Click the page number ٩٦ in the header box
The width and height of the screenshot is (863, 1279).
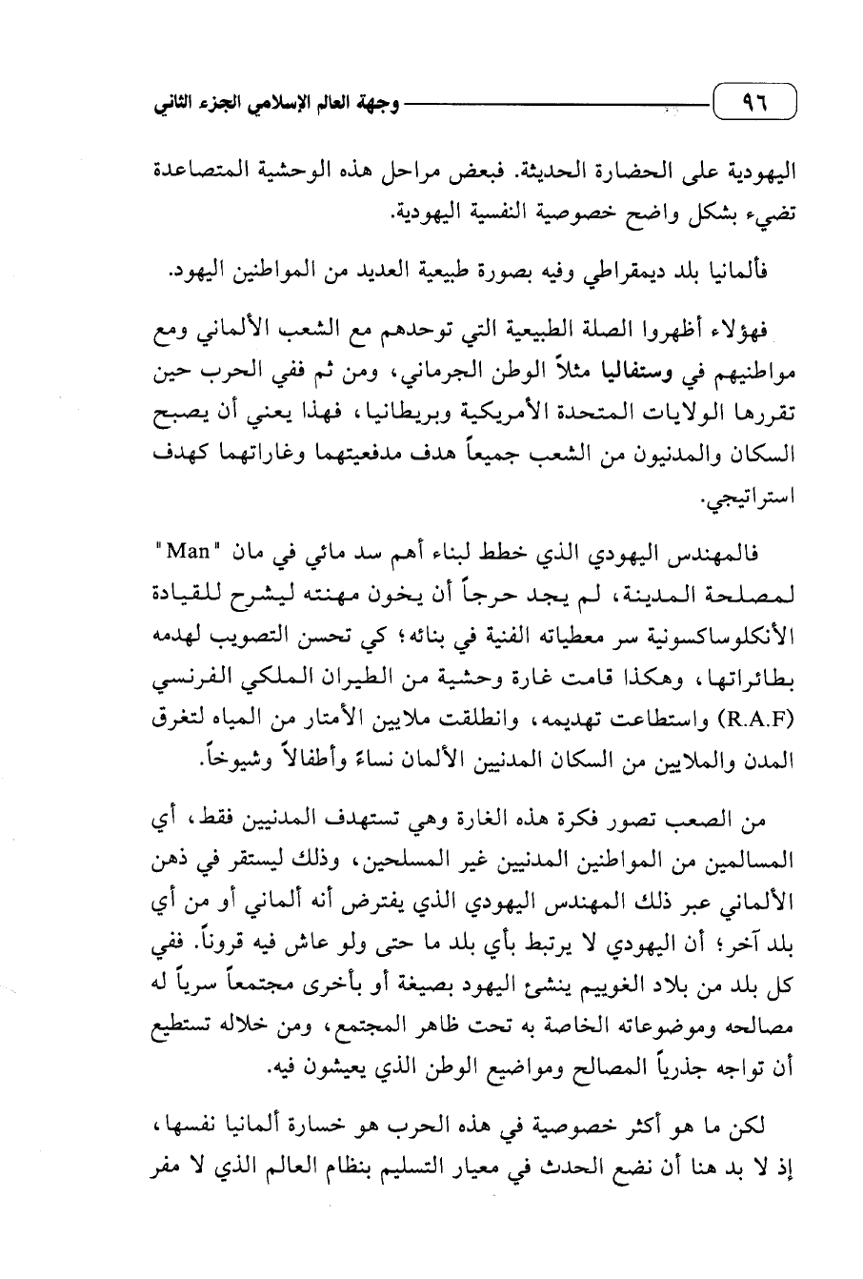(753, 100)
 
